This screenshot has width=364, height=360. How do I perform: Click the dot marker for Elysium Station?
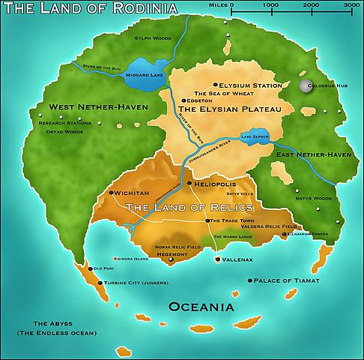point(216,85)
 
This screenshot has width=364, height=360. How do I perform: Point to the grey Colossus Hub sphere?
point(304,87)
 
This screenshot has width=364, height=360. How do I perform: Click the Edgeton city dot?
point(183,100)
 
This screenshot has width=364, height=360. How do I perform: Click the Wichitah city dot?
point(112,193)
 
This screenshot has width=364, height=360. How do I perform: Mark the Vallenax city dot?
point(218,259)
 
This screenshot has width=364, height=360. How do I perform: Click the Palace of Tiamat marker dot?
point(249,280)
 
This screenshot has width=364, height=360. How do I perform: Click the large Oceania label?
point(201,307)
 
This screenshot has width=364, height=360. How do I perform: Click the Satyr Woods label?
point(315,199)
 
